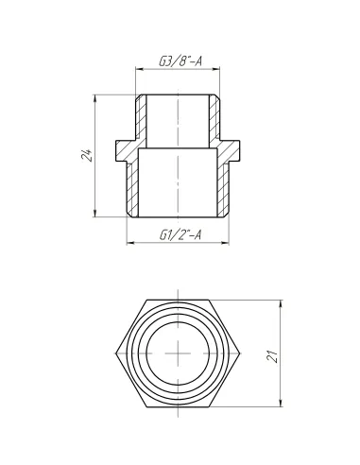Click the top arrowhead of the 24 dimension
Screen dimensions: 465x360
point(95,96)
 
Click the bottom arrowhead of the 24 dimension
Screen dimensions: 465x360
point(95,216)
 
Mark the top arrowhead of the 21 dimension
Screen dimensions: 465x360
point(281,303)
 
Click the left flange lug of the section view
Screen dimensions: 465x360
point(122,149)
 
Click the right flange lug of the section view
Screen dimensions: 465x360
point(236,149)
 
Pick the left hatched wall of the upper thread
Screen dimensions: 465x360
point(141,121)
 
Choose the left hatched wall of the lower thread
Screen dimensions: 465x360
point(133,184)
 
